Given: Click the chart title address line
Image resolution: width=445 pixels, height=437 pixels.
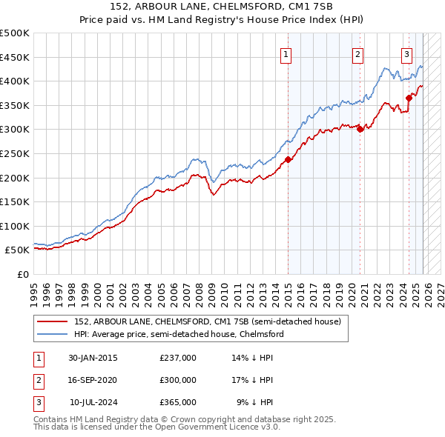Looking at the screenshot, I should (222, 7).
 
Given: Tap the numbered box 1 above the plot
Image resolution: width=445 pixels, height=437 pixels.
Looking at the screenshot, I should (286, 53).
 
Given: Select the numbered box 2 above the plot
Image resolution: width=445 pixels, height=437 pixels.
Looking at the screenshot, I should (357, 53).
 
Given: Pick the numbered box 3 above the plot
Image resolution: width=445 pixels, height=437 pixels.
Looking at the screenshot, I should (407, 53).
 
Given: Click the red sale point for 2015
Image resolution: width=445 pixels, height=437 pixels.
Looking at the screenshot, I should (288, 159).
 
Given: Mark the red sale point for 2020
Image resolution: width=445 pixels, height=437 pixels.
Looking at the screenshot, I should (360, 129).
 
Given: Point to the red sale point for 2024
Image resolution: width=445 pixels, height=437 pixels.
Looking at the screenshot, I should (409, 97).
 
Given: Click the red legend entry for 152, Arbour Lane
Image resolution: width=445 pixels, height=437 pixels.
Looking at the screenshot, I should (207, 321).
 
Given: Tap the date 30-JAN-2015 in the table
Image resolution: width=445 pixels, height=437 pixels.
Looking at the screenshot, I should (93, 357).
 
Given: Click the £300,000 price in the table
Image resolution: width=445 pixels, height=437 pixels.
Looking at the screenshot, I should (178, 379).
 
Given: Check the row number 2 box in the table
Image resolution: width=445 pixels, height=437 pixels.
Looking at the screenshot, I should (38, 379).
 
